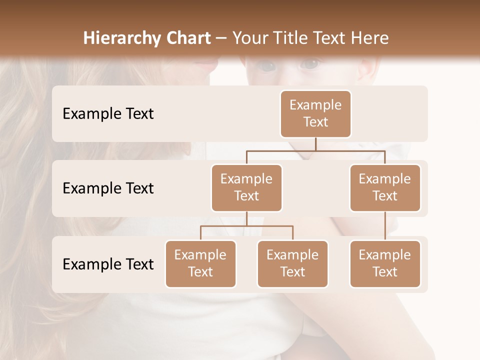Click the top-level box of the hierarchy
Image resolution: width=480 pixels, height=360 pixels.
click(315, 113)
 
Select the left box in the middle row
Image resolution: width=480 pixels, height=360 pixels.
click(246, 187)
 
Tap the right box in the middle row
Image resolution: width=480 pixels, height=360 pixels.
click(385, 187)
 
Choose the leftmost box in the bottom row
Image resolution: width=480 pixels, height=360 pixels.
click(200, 263)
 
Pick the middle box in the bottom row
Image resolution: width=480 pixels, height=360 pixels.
click(292, 263)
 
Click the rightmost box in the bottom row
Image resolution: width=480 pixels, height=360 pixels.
click(385, 263)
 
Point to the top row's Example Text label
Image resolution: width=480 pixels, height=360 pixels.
click(108, 113)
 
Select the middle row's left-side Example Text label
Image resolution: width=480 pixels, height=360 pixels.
click(108, 188)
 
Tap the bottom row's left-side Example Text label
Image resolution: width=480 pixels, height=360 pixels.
click(108, 264)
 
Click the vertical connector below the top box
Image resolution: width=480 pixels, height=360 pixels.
click(315, 144)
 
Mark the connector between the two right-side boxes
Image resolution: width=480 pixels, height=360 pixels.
click(385, 226)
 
